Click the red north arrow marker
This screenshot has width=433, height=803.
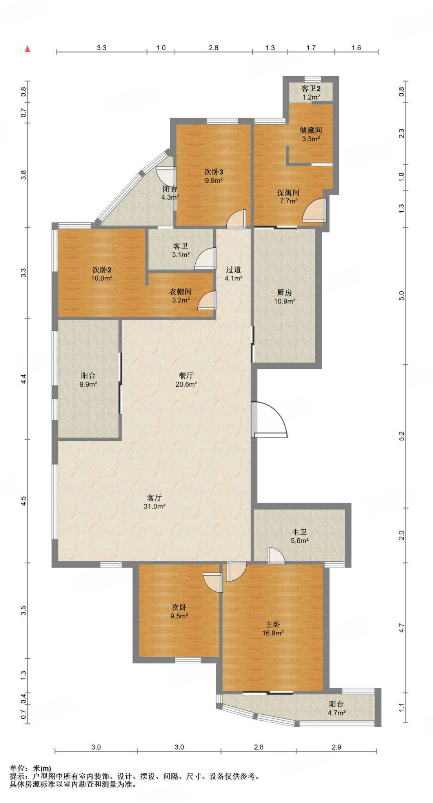(x=27, y=49)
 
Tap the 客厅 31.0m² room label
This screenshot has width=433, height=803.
(x=155, y=502)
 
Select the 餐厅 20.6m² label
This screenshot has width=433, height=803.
(x=186, y=380)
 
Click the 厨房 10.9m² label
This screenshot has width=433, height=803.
(x=285, y=297)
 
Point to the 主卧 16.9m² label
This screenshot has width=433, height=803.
(x=273, y=629)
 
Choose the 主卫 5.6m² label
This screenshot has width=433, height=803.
(x=300, y=536)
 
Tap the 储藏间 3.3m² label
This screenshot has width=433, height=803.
(x=311, y=134)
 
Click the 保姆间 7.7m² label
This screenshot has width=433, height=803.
(x=289, y=196)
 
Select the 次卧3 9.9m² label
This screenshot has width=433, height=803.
(x=214, y=176)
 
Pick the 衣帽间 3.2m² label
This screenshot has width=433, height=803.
(x=181, y=296)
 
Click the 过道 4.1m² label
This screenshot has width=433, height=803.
(x=233, y=274)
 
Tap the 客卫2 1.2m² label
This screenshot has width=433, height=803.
(x=311, y=93)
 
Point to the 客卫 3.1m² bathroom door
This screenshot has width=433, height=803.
(x=206, y=258)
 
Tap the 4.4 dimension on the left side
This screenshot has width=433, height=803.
(x=24, y=379)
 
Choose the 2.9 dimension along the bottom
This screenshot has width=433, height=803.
(x=337, y=747)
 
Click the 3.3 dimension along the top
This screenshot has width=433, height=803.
(x=102, y=48)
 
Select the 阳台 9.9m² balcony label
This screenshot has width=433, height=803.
(x=88, y=380)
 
